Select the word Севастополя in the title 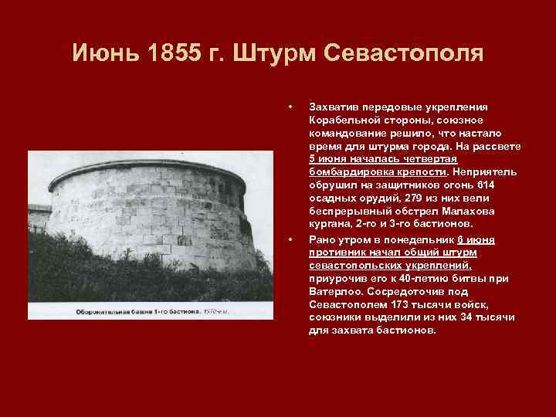click(x=406, y=54)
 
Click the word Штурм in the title click(x=280, y=54)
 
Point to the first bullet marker click(x=289, y=106)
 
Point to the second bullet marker click(x=289, y=239)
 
